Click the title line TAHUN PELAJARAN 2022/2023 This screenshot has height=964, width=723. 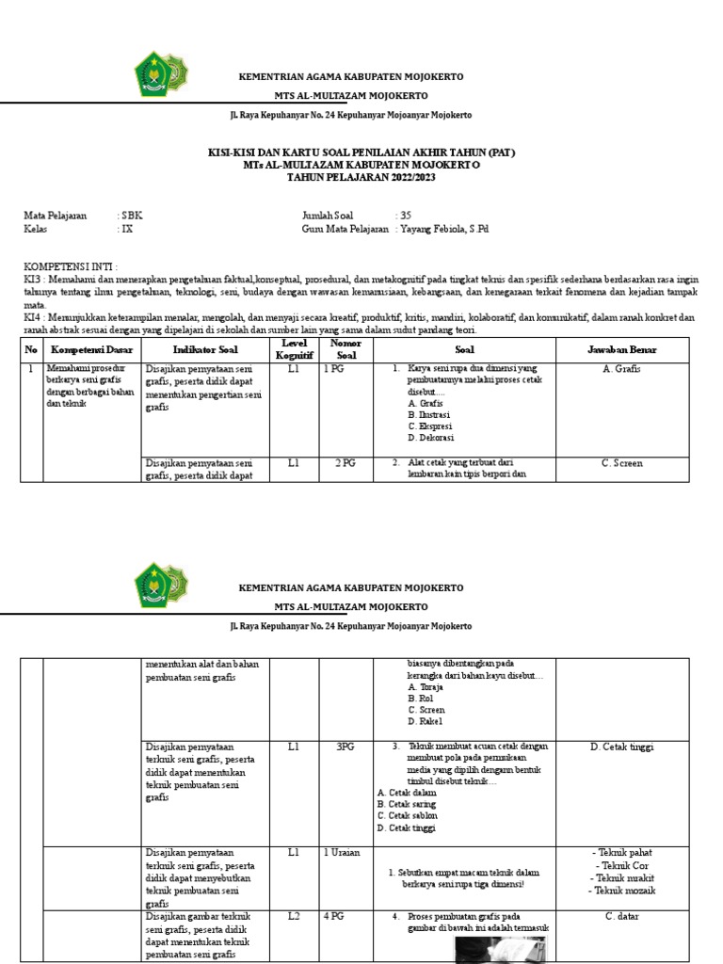pos(361,176)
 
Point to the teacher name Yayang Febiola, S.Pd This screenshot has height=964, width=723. pos(445,229)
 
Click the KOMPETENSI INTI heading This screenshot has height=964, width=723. pos(71,268)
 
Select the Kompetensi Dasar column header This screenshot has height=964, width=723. pos(91,350)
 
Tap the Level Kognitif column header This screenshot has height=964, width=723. pos(294,349)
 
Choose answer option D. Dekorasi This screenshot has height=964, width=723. pos(431,438)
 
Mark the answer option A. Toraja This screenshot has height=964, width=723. pos(426,687)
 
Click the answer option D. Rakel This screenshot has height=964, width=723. pos(426,721)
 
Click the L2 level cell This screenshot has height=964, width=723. pos(294,916)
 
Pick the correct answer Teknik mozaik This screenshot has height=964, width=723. pos(621,890)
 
